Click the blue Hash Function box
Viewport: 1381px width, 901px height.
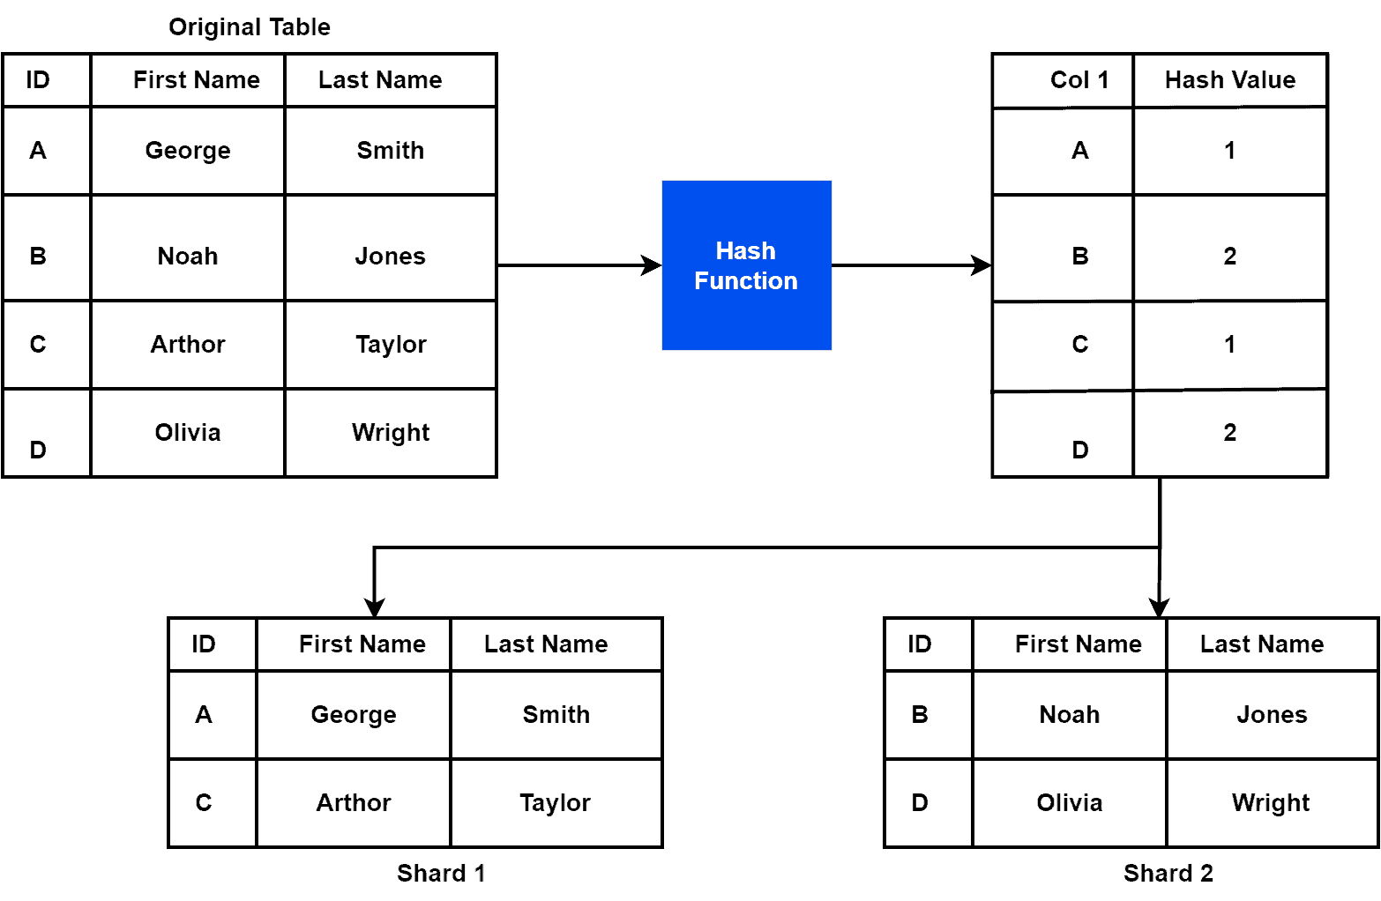click(746, 265)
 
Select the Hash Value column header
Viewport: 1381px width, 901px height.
click(1229, 80)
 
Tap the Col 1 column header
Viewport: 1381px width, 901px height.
click(1079, 80)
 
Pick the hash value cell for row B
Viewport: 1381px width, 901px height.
click(1229, 256)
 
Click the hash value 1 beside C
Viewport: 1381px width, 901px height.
click(1229, 344)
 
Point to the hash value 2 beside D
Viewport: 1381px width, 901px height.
click(1229, 432)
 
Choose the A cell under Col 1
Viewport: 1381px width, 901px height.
click(1079, 151)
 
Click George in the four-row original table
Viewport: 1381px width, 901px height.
click(188, 151)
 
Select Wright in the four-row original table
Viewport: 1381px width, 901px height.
click(390, 432)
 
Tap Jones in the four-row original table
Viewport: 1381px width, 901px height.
click(390, 256)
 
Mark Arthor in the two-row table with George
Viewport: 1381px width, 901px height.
click(353, 802)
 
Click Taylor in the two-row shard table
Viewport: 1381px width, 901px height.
click(555, 802)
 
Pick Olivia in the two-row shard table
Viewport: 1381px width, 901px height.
click(1069, 802)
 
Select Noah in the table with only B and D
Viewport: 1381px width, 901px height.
click(1069, 714)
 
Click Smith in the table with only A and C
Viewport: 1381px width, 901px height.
click(556, 714)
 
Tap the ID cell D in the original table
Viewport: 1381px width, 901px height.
click(38, 450)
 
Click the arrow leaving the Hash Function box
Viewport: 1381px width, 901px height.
click(979, 264)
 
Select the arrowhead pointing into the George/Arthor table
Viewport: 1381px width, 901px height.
click(375, 608)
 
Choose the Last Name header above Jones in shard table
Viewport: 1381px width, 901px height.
click(1261, 644)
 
